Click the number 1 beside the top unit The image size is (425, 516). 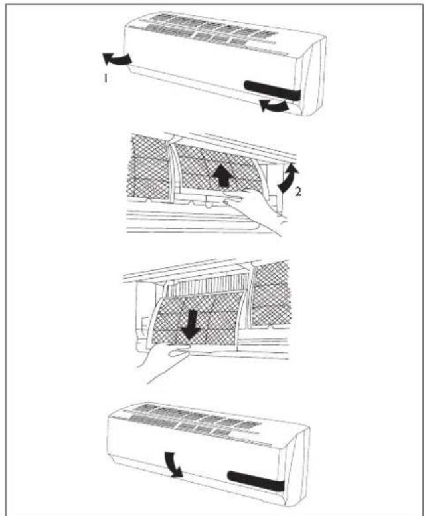105,78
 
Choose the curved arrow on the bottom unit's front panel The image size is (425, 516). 174,465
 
